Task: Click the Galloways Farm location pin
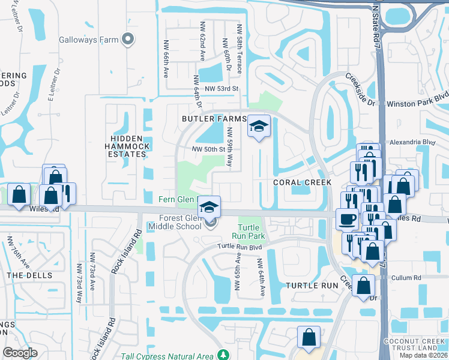[x=127, y=40]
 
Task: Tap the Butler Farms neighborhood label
[x=214, y=119]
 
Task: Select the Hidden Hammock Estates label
[x=125, y=145]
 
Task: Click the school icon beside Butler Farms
[x=259, y=127]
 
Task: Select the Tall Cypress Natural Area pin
[x=223, y=355]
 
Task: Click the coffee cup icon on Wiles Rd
[x=346, y=219]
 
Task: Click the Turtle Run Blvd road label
[x=240, y=247]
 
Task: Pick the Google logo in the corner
[x=20, y=353]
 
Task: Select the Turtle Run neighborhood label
[x=312, y=286]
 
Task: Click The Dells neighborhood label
[x=26, y=275]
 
